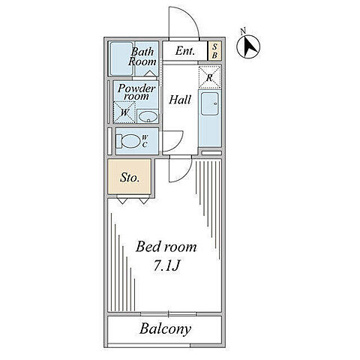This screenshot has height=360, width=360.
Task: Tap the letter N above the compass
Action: (x=243, y=31)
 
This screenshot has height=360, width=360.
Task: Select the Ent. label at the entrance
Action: (x=185, y=51)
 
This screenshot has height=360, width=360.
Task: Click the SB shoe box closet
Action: (x=214, y=51)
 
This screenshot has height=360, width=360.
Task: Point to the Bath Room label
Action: (x=142, y=57)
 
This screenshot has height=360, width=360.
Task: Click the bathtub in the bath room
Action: (x=121, y=58)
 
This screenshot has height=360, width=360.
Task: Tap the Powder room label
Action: (x=136, y=92)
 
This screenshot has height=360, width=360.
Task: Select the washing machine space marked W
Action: (x=124, y=112)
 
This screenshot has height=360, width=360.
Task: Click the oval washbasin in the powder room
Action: (x=148, y=117)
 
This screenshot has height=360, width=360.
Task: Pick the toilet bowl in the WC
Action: (x=128, y=142)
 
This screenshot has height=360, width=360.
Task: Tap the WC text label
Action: (x=145, y=141)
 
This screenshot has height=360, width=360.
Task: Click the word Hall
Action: (x=180, y=100)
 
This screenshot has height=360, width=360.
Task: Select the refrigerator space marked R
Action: (x=210, y=77)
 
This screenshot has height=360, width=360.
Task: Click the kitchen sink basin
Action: (x=210, y=104)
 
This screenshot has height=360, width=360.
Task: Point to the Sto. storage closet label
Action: (x=130, y=178)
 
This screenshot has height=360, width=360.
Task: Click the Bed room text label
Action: (x=166, y=247)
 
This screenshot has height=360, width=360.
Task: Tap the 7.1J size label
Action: (x=166, y=265)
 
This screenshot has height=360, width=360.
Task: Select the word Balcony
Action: (x=166, y=329)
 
